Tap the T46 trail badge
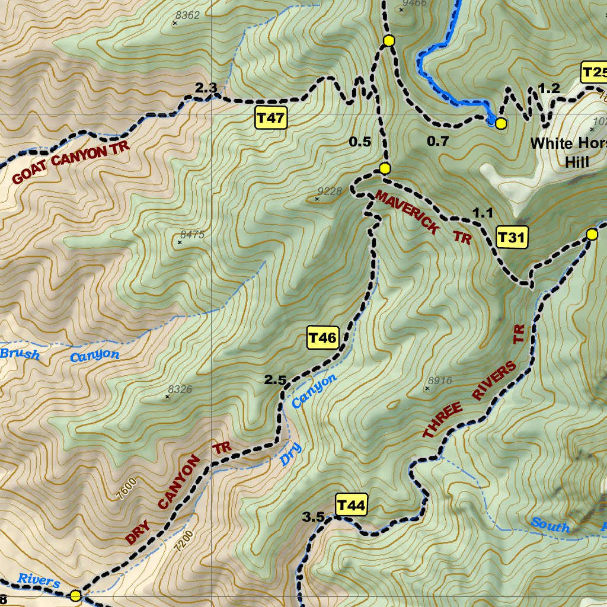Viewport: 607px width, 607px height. pyautogui.click(x=322, y=338)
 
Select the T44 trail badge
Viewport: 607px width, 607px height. pyautogui.click(x=351, y=506)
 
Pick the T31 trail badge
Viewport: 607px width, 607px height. pyautogui.click(x=511, y=238)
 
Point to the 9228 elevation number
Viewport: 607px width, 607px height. pyautogui.click(x=330, y=191)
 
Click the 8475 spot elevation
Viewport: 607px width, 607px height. pyautogui.click(x=192, y=235)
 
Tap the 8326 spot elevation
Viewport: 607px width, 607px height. pyautogui.click(x=180, y=389)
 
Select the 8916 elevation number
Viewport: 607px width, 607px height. pyautogui.click(x=440, y=381)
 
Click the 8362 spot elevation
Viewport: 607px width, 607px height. pyautogui.click(x=188, y=15)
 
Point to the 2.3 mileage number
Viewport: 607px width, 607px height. pyautogui.click(x=206, y=88)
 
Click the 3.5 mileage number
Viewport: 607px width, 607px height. pyautogui.click(x=313, y=517)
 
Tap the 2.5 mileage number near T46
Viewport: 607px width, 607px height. pyautogui.click(x=276, y=381)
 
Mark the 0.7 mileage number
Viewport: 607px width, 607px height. pyautogui.click(x=438, y=141)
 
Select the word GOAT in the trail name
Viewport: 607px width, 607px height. pyautogui.click(x=30, y=173)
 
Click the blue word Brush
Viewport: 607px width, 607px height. pyautogui.click(x=20, y=354)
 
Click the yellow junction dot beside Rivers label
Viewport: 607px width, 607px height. pyautogui.click(x=75, y=596)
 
